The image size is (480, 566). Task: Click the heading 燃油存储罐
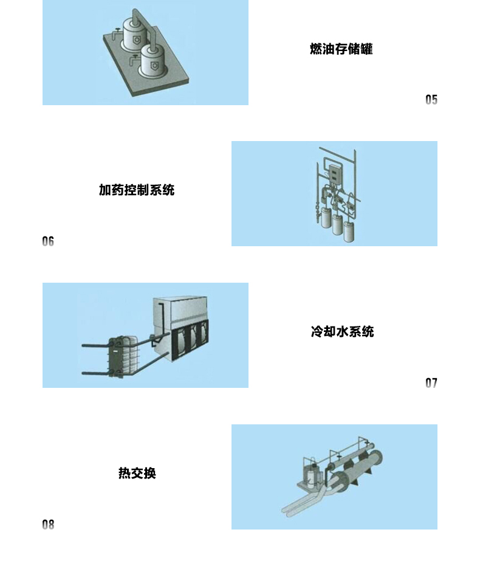pyautogui.click(x=341, y=49)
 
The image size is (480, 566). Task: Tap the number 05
pyautogui.click(x=431, y=100)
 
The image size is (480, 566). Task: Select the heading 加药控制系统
pyautogui.click(x=137, y=190)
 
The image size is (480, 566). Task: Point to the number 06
pyautogui.click(x=48, y=241)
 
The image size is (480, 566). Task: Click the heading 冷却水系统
pyautogui.click(x=342, y=331)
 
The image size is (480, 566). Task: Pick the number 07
pyautogui.click(x=431, y=382)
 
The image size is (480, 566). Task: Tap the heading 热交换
pyautogui.click(x=137, y=473)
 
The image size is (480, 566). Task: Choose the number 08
pyautogui.click(x=48, y=525)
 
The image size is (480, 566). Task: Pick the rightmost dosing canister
pyautogui.click(x=349, y=232)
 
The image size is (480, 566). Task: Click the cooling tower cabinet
pyautogui.click(x=181, y=326)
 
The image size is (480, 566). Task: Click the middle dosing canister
pyautogui.click(x=338, y=224)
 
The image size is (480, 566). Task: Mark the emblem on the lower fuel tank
pyautogui.click(x=155, y=66)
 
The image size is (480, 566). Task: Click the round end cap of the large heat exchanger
pyautogui.click(x=376, y=460)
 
